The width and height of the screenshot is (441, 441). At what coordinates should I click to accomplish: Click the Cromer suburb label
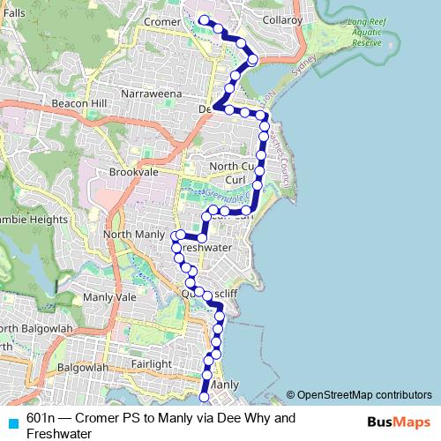tap(161, 21)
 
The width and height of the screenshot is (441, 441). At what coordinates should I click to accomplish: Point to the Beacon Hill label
tap(78, 103)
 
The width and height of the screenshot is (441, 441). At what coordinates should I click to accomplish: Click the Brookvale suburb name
tap(132, 173)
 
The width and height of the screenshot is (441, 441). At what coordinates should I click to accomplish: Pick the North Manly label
tap(134, 234)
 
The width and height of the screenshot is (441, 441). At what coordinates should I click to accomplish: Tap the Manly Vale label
tap(115, 297)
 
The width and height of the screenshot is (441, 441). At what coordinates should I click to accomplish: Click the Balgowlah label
tap(81, 366)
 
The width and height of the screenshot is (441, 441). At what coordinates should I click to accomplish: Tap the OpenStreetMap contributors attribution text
tap(363, 394)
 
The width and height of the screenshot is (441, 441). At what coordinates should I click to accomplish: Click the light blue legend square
tap(11, 423)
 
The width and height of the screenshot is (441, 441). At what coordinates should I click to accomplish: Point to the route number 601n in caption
tap(42, 416)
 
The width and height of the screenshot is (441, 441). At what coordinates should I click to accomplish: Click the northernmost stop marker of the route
tap(203, 19)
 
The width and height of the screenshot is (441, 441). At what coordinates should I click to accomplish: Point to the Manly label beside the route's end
tap(225, 385)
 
